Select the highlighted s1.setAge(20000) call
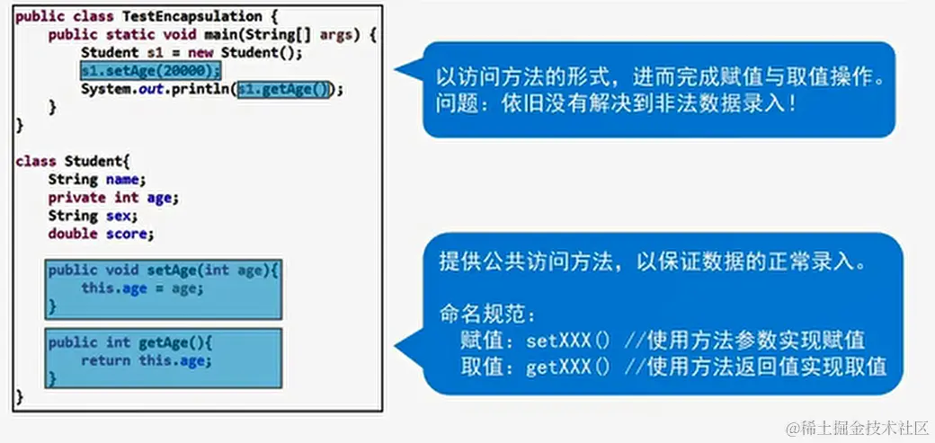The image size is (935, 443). coord(150,71)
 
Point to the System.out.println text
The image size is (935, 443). coord(155,89)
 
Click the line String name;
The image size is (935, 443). coord(96,179)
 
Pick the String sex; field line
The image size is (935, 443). coord(93,216)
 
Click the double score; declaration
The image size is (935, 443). coord(101,234)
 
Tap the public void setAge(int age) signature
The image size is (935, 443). coord(164,270)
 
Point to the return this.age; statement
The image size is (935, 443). coord(146,361)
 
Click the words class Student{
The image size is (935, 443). coord(73,161)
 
